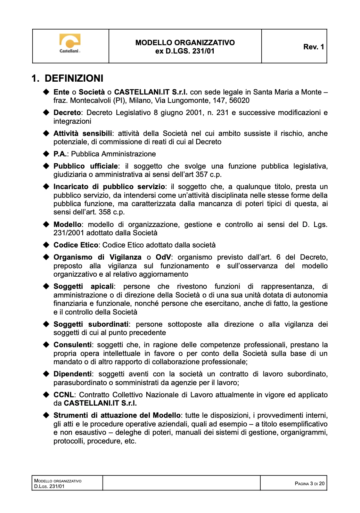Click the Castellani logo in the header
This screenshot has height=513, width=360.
[x=70, y=43]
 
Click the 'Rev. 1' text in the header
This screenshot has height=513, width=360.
[x=313, y=47]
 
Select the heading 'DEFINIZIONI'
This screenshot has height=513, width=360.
[x=74, y=79]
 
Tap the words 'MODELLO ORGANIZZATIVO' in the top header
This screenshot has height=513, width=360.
[x=185, y=43]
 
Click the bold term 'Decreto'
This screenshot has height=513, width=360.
[x=67, y=113]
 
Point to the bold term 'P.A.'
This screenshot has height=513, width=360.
[x=60, y=154]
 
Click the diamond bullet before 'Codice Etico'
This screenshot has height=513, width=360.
[x=46, y=245]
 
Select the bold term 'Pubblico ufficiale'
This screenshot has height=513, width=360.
[x=86, y=166]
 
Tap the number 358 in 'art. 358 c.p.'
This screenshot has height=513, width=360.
[x=105, y=212]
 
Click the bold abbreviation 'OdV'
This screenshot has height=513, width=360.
[x=163, y=257]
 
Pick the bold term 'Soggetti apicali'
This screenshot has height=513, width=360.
[x=83, y=286]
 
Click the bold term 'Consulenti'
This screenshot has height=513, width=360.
[x=72, y=345]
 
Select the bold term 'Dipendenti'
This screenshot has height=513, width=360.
[x=72, y=374]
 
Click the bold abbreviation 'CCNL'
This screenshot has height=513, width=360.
[x=64, y=395]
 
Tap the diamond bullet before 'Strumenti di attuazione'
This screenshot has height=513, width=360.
[x=46, y=415]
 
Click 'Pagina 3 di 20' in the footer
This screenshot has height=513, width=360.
[x=309, y=483]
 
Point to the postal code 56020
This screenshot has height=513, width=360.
[x=239, y=100]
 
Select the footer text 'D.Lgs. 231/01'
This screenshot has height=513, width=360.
[x=49, y=486]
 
